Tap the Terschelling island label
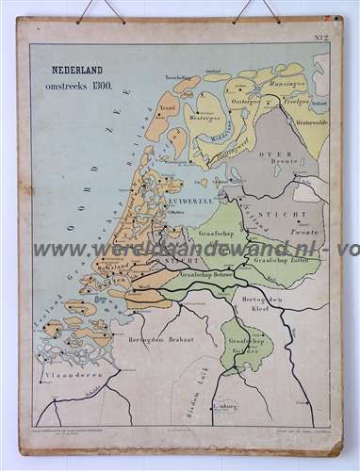click(179, 76)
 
